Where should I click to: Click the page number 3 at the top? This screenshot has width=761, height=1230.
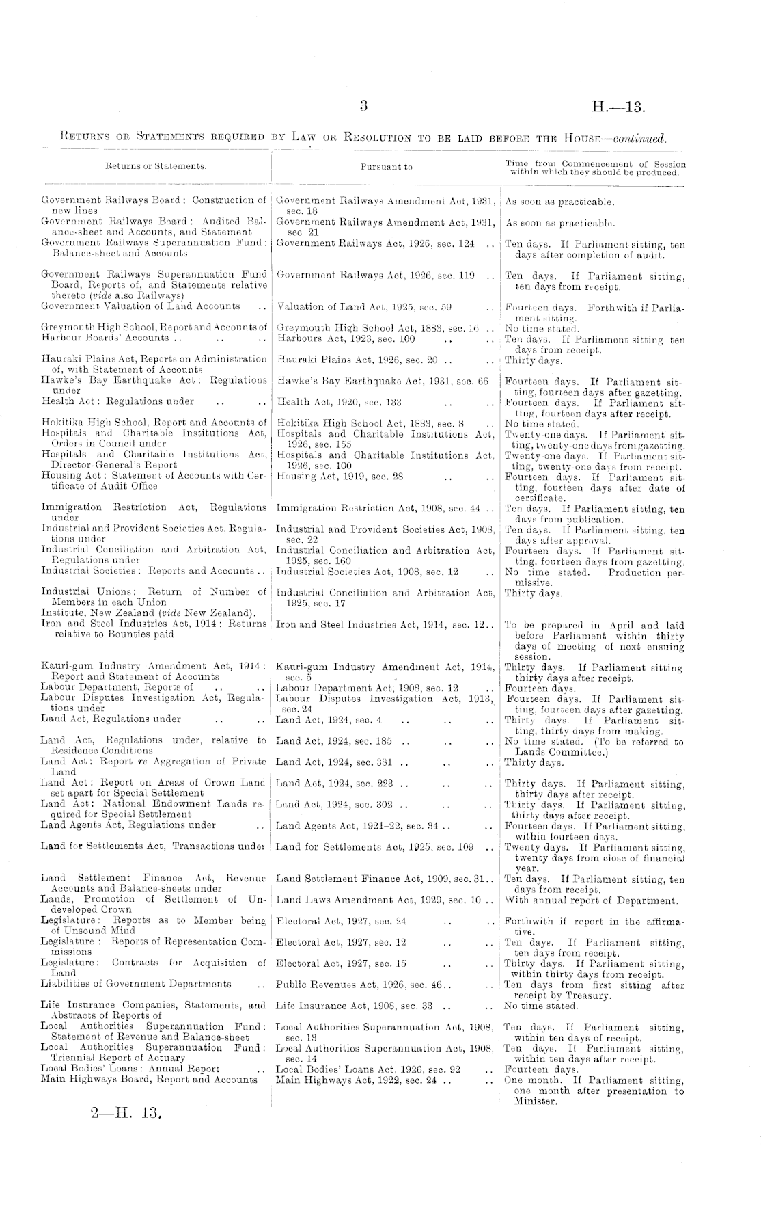(363, 106)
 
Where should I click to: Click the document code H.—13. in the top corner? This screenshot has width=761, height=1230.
(618, 107)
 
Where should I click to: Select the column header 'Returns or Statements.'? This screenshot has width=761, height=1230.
(156, 166)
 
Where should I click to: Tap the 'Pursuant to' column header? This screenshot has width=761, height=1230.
(386, 167)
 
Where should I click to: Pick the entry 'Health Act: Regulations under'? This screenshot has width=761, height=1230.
(117, 401)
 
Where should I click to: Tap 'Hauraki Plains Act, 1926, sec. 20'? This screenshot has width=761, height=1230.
(356, 360)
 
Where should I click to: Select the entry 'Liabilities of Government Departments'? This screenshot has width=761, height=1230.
(136, 984)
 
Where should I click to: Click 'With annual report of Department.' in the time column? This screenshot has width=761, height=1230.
(591, 900)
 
